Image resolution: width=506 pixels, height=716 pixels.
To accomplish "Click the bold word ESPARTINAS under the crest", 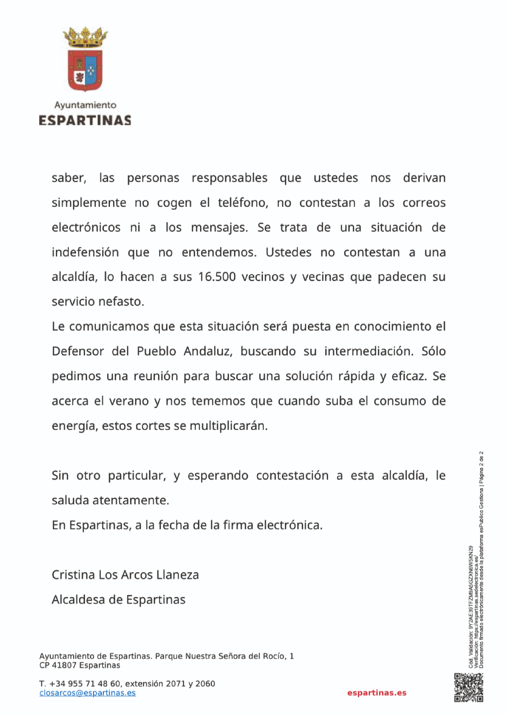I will (x=85, y=120).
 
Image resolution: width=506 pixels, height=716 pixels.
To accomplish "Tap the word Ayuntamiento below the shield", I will (x=85, y=105).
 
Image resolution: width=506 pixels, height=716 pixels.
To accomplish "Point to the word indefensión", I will (x=85, y=252).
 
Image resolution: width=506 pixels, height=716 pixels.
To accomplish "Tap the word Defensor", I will (x=78, y=351).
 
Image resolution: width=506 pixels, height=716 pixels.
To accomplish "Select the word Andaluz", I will (x=208, y=351).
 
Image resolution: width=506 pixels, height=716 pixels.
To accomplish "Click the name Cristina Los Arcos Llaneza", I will (x=125, y=575).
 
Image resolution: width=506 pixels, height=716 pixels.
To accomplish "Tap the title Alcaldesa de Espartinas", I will (x=119, y=600).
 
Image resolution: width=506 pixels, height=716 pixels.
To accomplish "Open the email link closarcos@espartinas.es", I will (x=87, y=693).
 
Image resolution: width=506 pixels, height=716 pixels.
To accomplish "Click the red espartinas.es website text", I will (x=377, y=693).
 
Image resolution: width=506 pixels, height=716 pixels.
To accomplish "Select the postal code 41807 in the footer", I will (x=64, y=665).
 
